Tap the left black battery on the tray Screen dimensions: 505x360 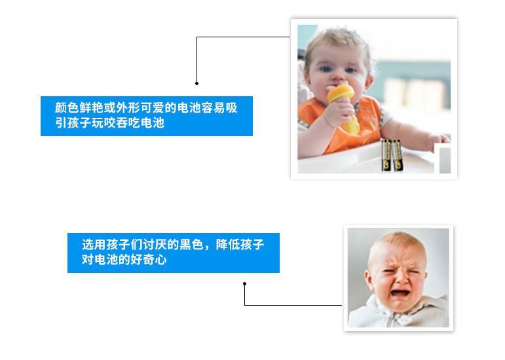pyautogui.click(x=386, y=154)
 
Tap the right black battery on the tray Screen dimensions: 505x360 pyautogui.click(x=397, y=154)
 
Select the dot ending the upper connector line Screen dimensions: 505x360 pyautogui.click(x=196, y=83)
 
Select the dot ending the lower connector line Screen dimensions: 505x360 pyautogui.click(x=245, y=284)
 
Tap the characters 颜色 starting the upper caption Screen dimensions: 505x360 pyautogui.click(x=67, y=108)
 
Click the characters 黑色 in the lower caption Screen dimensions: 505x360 pyautogui.click(x=191, y=245)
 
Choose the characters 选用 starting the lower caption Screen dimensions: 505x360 pyautogui.click(x=94, y=245)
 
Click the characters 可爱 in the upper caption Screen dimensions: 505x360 pyautogui.click(x=153, y=108)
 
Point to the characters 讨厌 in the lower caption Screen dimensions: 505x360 pyautogui.click(x=155, y=245)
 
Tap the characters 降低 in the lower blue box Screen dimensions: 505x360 pyautogui.click(x=228, y=245)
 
